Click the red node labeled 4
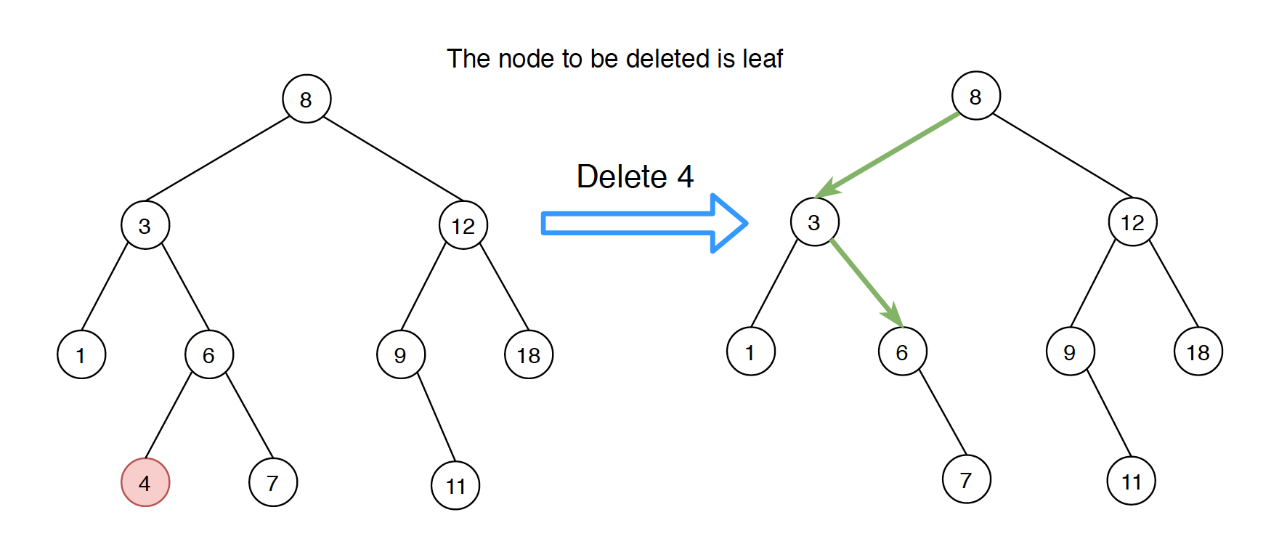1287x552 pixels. [x=145, y=482]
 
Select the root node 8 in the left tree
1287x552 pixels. [x=306, y=99]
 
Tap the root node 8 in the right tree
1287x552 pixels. [x=975, y=96]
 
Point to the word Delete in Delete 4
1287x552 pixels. [x=621, y=176]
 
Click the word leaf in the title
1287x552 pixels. [x=763, y=59]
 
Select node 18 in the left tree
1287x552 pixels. [x=529, y=354]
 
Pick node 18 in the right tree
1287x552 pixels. [x=1198, y=352]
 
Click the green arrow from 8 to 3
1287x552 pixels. [x=890, y=154]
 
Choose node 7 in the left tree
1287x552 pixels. [x=273, y=482]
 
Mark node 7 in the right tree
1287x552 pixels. [x=966, y=479]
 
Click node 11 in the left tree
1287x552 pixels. [x=455, y=485]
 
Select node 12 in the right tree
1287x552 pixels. [x=1132, y=222]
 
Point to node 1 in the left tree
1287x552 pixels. [x=81, y=354]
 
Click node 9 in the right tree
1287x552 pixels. [x=1070, y=352]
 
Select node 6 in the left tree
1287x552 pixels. [x=209, y=354]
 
